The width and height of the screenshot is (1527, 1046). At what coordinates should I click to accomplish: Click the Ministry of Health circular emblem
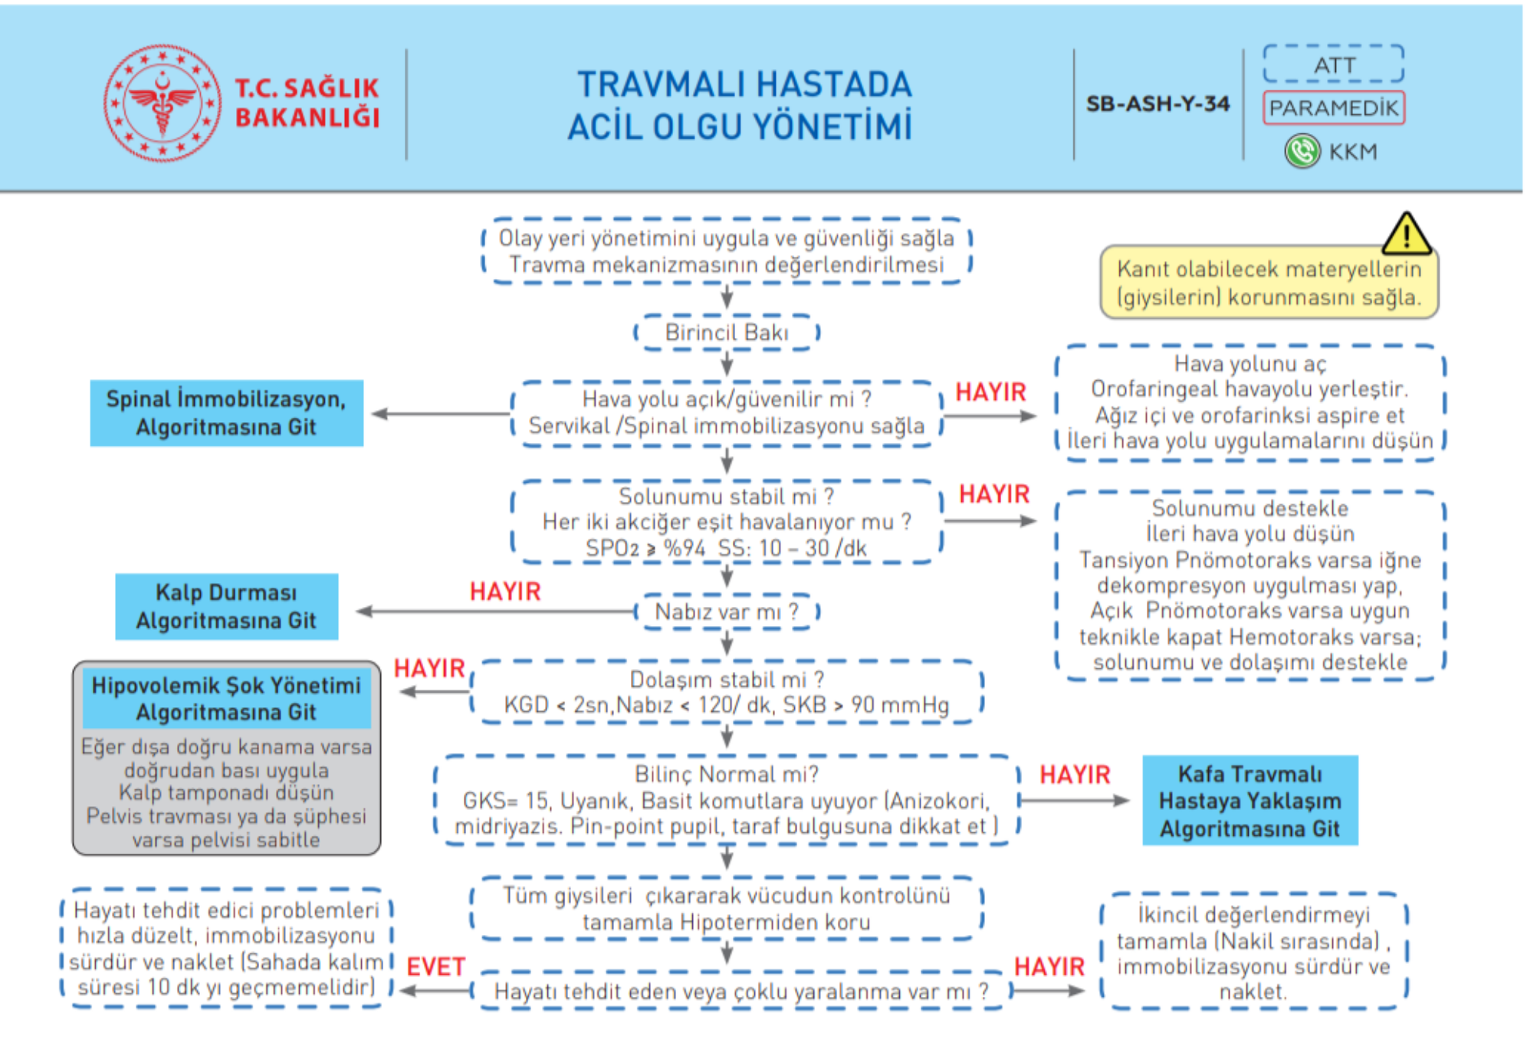tap(162, 103)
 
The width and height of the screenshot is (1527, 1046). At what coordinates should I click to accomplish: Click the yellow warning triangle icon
tap(1406, 234)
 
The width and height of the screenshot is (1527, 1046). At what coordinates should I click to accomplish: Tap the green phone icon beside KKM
tap(1302, 151)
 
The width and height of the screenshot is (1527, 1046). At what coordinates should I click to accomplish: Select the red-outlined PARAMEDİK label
tap(1333, 108)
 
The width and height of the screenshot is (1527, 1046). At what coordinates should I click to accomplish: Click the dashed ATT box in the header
tap(1333, 64)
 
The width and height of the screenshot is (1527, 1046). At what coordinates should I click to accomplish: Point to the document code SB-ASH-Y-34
tap(1158, 103)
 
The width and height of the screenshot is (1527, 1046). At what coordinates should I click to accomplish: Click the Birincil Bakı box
tap(727, 333)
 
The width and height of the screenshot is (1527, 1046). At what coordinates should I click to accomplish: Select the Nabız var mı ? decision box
tap(727, 612)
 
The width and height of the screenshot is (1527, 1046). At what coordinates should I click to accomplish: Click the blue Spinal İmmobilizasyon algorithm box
tap(226, 413)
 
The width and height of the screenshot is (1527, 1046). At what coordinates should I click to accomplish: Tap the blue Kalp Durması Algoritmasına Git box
tap(226, 606)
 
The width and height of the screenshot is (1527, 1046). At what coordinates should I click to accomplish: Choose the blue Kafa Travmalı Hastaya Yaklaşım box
tap(1250, 801)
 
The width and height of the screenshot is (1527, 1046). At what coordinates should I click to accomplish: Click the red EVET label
tap(435, 967)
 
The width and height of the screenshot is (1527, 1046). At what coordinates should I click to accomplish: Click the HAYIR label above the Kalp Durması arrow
tap(505, 592)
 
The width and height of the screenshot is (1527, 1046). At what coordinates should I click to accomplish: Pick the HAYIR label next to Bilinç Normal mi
tap(1075, 775)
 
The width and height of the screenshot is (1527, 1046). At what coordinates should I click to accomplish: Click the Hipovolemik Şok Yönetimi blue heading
tap(226, 698)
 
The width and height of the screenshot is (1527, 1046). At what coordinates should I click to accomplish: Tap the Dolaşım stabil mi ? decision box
tap(727, 692)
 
